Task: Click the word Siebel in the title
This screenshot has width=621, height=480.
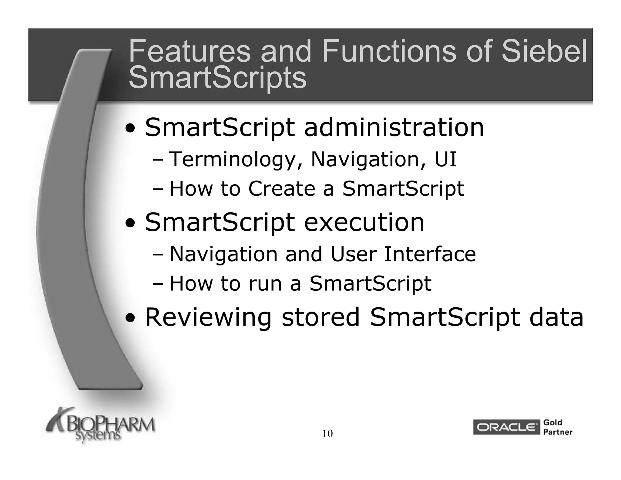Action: [544, 52]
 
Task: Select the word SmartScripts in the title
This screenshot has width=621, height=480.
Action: [217, 78]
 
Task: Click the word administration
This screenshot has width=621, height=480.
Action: [394, 127]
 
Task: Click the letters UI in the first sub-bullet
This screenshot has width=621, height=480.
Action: [445, 159]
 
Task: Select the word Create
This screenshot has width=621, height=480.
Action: [282, 189]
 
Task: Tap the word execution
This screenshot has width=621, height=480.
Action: [364, 222]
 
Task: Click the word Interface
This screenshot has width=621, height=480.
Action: [430, 254]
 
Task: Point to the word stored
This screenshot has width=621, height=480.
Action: [320, 317]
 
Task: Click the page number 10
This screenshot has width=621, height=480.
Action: [327, 434]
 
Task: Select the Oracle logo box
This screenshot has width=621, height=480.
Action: [506, 427]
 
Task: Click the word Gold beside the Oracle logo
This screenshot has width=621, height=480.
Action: [553, 422]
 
